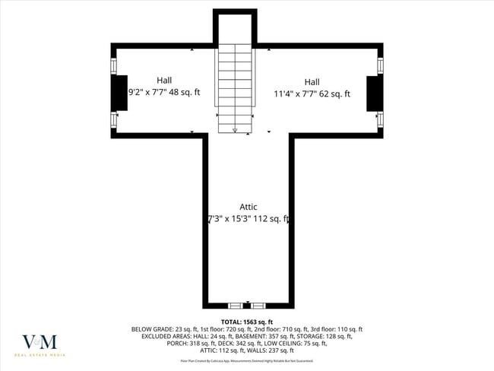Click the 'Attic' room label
(248, 207)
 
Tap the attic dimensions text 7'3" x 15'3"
(248, 219)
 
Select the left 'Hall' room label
(164, 80)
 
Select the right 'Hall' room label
(312, 82)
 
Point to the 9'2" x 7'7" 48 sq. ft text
(164, 92)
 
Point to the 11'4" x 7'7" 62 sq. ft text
(312, 94)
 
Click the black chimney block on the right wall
(374, 94)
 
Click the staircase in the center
(235, 84)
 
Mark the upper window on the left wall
(114, 65)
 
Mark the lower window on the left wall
(114, 120)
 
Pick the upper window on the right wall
(380, 65)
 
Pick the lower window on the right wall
(380, 120)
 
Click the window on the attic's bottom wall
(247, 306)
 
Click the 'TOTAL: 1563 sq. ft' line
(247, 322)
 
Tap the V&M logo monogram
(40, 342)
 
